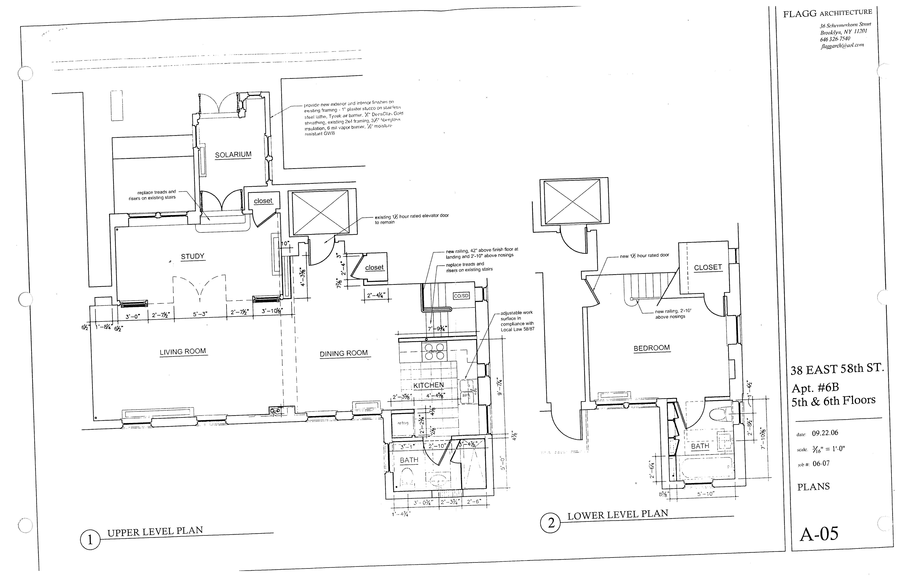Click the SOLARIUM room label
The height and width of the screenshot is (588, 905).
click(233, 155)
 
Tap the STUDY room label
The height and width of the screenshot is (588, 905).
click(192, 257)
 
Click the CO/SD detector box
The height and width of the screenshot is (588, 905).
click(461, 296)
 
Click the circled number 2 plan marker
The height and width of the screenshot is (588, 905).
click(551, 523)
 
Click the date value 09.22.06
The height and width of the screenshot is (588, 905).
click(825, 433)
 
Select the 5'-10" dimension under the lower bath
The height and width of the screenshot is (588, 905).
click(706, 494)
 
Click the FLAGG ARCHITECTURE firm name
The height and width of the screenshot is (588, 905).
click(827, 13)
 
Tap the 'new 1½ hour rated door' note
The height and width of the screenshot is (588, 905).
click(644, 255)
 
